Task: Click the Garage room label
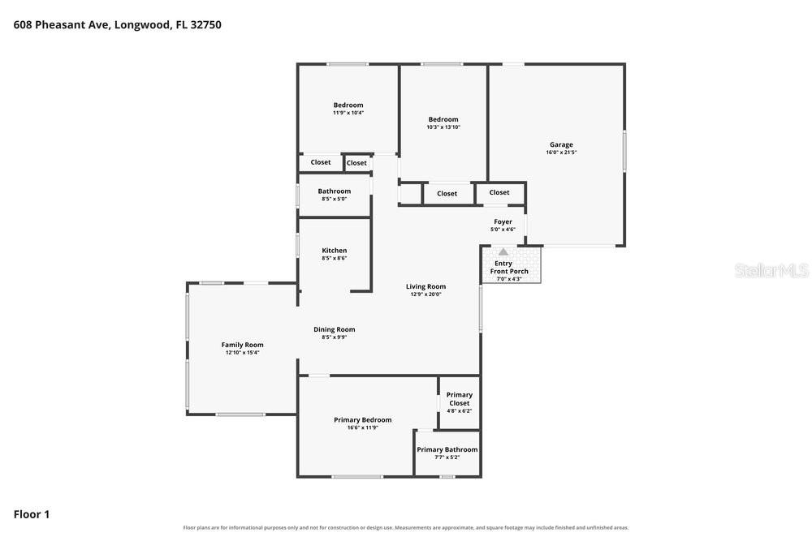coord(561,145)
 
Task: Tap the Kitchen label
coord(334,251)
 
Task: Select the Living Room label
coord(425,286)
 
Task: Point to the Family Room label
coord(242,345)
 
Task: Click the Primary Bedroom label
coord(362,420)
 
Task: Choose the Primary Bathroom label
coord(447,449)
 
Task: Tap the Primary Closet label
coord(460,399)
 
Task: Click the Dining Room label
coord(334,329)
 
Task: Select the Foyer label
coord(503,222)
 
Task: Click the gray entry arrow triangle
coord(503,252)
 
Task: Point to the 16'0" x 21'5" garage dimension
coord(561,152)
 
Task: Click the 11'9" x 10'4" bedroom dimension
coord(348,113)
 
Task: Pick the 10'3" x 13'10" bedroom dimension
coord(443,127)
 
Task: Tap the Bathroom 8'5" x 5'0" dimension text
coord(334,200)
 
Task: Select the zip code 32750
coord(205,25)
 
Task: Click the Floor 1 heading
coord(32,514)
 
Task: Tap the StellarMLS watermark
coord(771,270)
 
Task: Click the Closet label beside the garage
coord(499,192)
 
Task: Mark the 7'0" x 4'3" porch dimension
coord(509,279)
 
